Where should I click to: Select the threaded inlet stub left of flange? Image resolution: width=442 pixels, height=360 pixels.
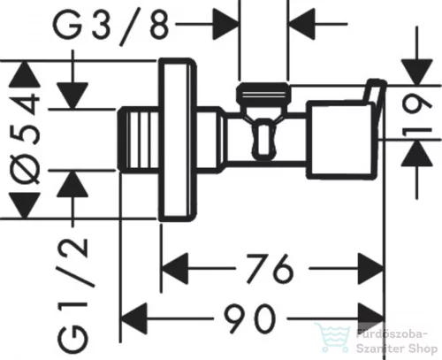[138, 141]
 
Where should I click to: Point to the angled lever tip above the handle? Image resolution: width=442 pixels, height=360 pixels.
[374, 91]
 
